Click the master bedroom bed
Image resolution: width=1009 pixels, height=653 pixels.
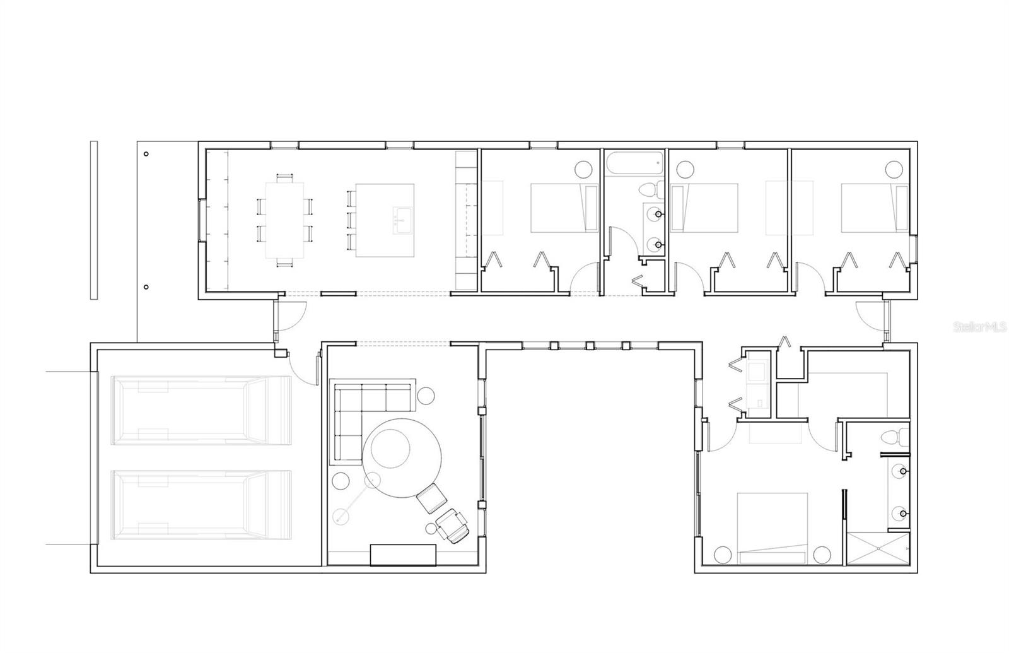pyautogui.click(x=773, y=527)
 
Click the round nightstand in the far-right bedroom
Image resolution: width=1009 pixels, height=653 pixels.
pyautogui.click(x=894, y=168)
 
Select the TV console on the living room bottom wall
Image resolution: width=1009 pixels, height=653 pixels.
pyautogui.click(x=404, y=555)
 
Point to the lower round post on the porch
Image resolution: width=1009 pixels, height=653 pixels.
pyautogui.click(x=146, y=287)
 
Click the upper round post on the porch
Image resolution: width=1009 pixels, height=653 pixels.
pyautogui.click(x=146, y=153)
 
